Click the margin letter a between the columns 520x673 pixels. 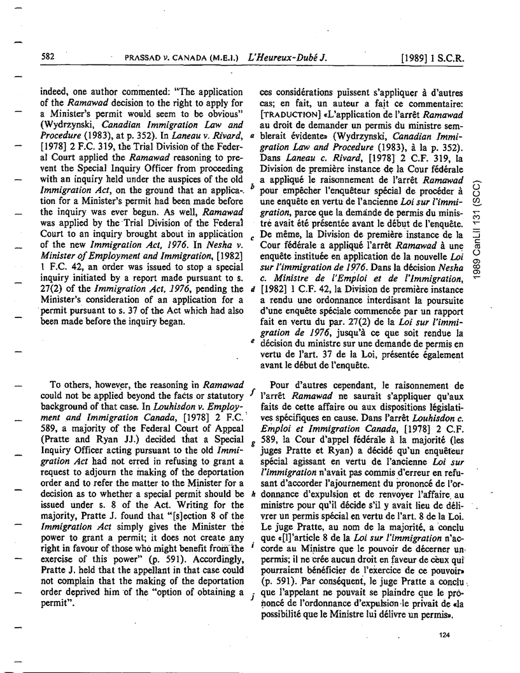pyautogui.click(x=253, y=152)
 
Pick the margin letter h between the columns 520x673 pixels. pyautogui.click(x=253, y=495)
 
